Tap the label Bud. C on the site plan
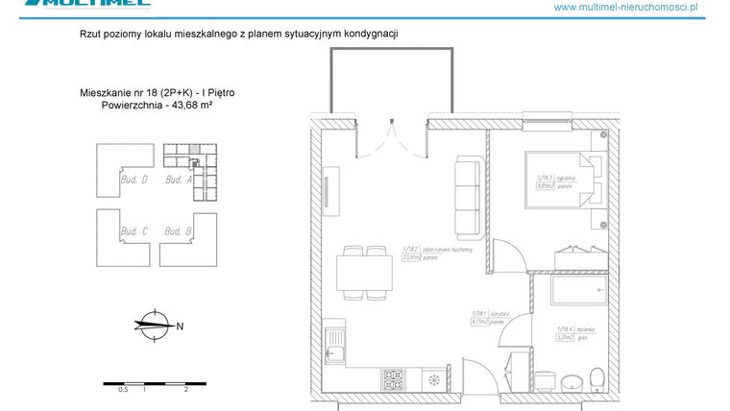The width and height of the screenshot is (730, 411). coord(134,231)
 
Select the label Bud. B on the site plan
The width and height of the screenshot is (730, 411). coord(179,231)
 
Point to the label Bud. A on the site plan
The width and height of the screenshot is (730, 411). coord(180,180)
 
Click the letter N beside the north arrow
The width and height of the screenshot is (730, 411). coord(180,326)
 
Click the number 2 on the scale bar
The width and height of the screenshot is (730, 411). coord(184,391)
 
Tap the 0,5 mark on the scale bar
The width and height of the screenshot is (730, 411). coord(123,391)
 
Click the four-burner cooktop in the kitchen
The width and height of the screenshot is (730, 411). coord(395,378)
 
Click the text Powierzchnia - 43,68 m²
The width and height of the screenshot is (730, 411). coord(157,106)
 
